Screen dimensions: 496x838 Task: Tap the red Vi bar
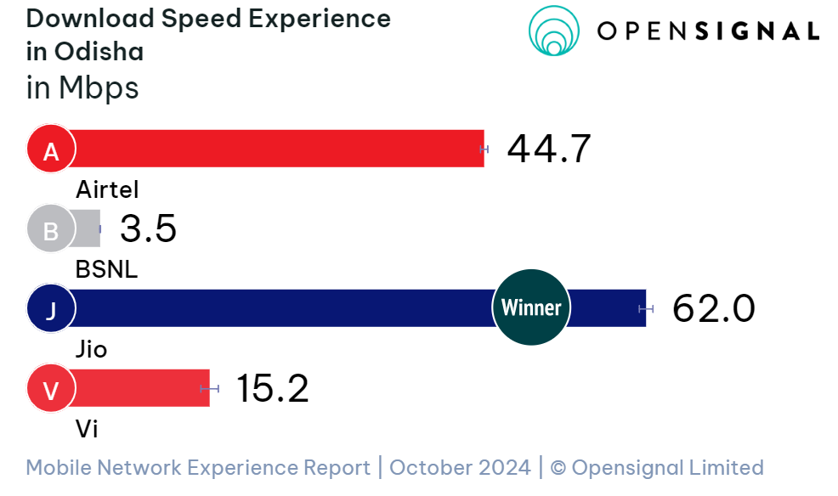(140, 388)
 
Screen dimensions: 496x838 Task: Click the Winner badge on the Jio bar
(531, 307)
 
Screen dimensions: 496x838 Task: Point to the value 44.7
(548, 149)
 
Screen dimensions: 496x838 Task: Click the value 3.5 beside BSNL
(148, 229)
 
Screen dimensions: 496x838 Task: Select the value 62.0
(713, 308)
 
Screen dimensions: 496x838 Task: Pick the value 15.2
(272, 388)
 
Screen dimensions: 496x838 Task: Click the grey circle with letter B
(51, 229)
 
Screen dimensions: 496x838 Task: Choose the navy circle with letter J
(51, 309)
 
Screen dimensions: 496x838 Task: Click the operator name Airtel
(107, 189)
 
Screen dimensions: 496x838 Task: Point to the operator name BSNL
(106, 269)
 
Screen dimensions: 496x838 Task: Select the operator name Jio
(92, 349)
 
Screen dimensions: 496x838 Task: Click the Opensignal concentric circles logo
(554, 31)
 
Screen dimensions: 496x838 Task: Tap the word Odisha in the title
(99, 51)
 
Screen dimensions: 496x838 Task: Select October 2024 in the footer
(460, 467)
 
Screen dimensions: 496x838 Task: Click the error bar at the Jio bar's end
(647, 308)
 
